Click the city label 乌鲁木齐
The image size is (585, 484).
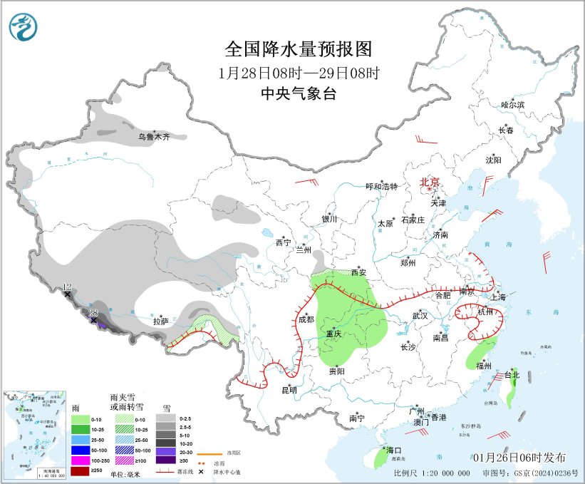(x=155, y=136)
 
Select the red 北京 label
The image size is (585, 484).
(x=430, y=182)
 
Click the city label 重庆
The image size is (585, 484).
(x=336, y=334)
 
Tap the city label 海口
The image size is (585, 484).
(x=395, y=450)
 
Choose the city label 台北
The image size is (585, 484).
(x=512, y=374)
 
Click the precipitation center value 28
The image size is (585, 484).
(x=93, y=313)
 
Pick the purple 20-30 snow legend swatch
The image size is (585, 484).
(x=170, y=452)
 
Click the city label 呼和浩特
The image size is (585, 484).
(x=381, y=186)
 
